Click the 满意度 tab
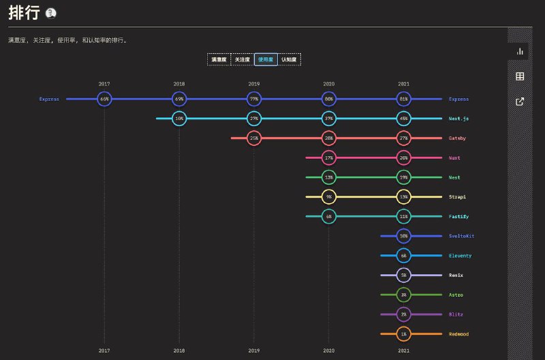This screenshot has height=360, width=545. pos(219,60)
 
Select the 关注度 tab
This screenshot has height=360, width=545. pos(243,60)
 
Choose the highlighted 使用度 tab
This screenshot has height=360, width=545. pos(266,60)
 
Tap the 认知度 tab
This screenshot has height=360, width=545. pos(289,60)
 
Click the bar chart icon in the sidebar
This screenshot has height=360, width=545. pos(520,51)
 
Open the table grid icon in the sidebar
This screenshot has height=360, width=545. pos(520,76)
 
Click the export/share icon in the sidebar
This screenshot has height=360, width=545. pos(520,102)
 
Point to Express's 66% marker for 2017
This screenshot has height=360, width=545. pos(104,99)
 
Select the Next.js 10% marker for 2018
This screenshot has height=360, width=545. pos(179,119)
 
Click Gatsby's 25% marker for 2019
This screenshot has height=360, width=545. pos(254,138)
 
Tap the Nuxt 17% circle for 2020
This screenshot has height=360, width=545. pos(329,158)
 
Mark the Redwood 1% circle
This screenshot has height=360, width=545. pos(404,334)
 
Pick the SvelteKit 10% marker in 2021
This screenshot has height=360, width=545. pos(404,236)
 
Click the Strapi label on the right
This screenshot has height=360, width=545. pos(458,197)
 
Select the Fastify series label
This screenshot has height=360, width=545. pos(458,217)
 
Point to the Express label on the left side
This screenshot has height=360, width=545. pos(49,99)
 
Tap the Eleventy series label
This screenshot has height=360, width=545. pos(460,256)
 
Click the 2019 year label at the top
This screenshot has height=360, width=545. pos(254,84)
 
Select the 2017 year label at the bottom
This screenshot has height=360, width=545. pos(104,350)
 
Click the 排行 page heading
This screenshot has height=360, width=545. pos(23,12)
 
